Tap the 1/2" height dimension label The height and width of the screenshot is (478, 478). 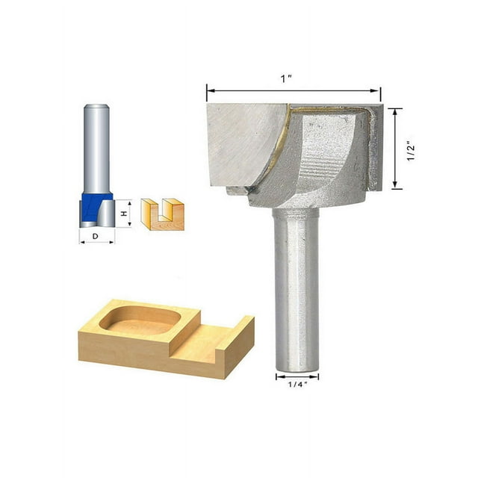click(x=410, y=149)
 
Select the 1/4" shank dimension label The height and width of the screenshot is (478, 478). click(x=297, y=386)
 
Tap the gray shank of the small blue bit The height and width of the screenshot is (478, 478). click(x=96, y=149)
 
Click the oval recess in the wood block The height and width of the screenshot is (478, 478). click(x=140, y=320)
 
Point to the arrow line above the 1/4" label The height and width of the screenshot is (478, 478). click(x=297, y=376)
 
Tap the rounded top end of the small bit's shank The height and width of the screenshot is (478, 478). click(x=96, y=108)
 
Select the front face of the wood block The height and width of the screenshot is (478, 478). click(x=149, y=357)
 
